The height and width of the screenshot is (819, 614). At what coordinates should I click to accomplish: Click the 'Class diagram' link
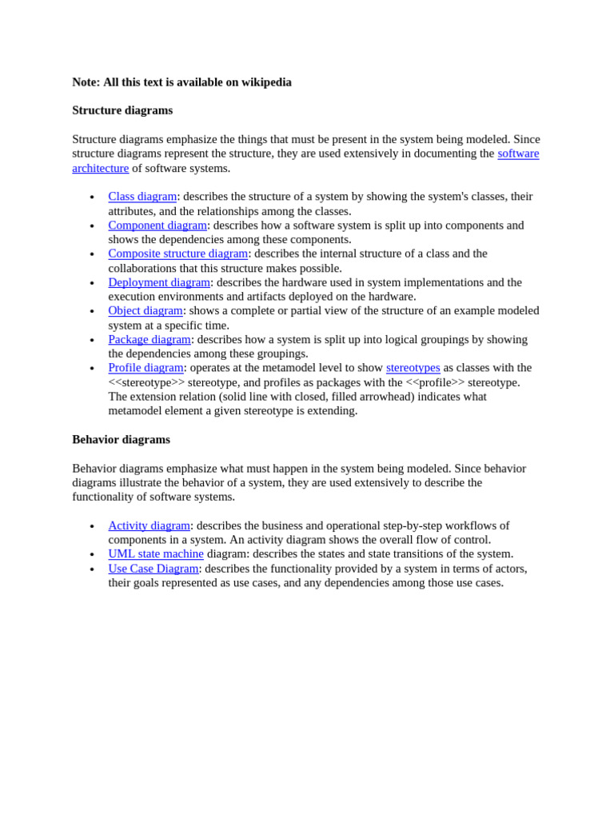point(142,197)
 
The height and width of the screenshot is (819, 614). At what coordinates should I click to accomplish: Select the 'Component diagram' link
point(157,226)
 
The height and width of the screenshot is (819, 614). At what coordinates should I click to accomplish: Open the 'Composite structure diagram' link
point(177,254)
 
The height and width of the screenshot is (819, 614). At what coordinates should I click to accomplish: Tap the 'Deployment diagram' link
point(159,282)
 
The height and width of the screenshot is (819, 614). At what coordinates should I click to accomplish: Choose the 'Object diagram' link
point(146,310)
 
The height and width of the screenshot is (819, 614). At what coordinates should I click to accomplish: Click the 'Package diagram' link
point(150,339)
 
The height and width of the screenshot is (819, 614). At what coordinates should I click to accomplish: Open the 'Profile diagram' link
point(146,368)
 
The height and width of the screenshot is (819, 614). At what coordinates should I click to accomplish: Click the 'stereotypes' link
point(413,368)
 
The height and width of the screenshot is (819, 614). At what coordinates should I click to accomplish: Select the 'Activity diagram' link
point(149,525)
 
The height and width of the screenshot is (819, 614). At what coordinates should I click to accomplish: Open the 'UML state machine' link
point(156,553)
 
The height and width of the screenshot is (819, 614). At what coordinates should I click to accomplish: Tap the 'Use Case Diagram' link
point(153,569)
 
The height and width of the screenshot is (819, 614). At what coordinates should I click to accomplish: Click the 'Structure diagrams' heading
point(122,110)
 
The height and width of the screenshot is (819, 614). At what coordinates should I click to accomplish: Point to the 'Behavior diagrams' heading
point(121,439)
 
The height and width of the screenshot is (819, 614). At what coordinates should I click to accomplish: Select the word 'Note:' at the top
point(86,82)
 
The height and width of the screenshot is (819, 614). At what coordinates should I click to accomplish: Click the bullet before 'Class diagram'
point(92,198)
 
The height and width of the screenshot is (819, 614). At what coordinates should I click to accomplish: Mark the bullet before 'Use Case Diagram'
point(92,569)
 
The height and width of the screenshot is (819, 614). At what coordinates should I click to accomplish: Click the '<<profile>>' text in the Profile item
point(435,382)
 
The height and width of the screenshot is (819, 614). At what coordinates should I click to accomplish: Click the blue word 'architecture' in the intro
point(100,168)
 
